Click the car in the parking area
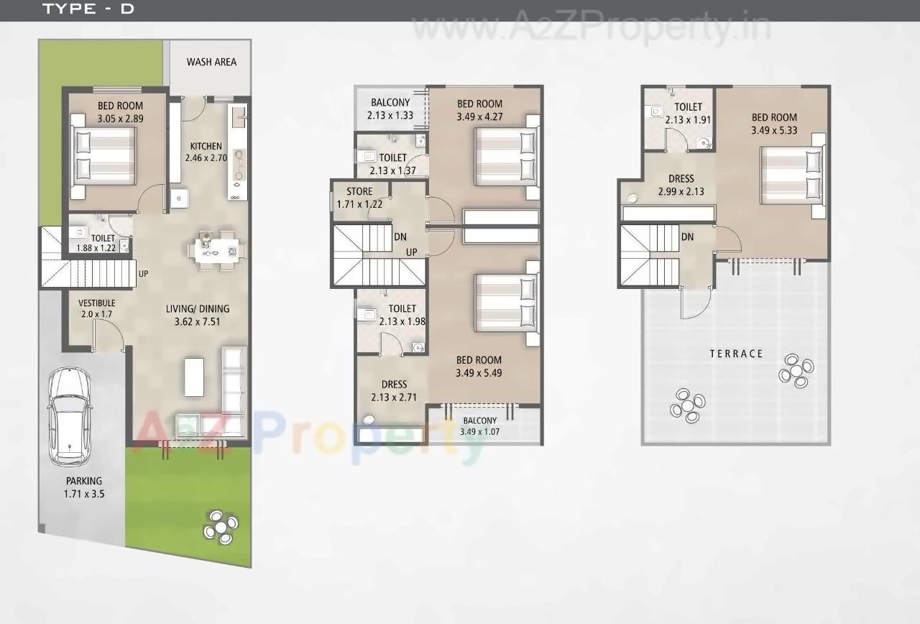70,417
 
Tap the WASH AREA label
211,62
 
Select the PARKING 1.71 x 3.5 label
84,487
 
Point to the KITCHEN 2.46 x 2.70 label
206,152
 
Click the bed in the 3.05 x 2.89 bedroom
103,158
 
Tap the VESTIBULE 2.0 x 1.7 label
97,308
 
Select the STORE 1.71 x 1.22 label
359,198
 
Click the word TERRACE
736,354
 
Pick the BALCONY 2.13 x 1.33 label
390,109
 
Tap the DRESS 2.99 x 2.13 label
681,185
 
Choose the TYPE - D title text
88,9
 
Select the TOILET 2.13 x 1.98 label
402,315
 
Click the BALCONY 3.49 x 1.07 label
479,426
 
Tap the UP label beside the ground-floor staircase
144,274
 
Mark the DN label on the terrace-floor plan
687,237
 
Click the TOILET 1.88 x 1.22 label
102,243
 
